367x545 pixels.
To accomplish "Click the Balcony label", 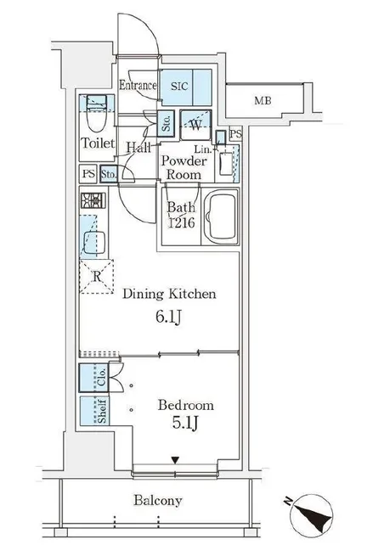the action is [158, 501].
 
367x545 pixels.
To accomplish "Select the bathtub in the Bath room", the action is [221, 216].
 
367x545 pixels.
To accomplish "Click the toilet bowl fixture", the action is [96, 116].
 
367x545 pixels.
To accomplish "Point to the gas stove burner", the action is [93, 200].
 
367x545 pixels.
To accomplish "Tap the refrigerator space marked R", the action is [97, 277].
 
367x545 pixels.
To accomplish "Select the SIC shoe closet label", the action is [179, 87].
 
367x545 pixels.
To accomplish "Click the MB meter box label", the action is [263, 101].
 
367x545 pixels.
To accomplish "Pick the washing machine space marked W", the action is [196, 125].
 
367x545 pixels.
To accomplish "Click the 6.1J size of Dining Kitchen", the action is [168, 317].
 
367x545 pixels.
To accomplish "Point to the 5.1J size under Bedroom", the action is [185, 423].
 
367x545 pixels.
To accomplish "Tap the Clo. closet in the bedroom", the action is [94, 378].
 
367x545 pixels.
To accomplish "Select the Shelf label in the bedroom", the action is [102, 411].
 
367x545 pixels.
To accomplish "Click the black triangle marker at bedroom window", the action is [175, 460].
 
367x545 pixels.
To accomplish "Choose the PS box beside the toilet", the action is [88, 173].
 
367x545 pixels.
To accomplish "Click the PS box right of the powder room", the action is [236, 134].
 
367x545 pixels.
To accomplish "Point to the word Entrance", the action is [138, 85].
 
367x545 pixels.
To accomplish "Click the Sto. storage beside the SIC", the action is [166, 123].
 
